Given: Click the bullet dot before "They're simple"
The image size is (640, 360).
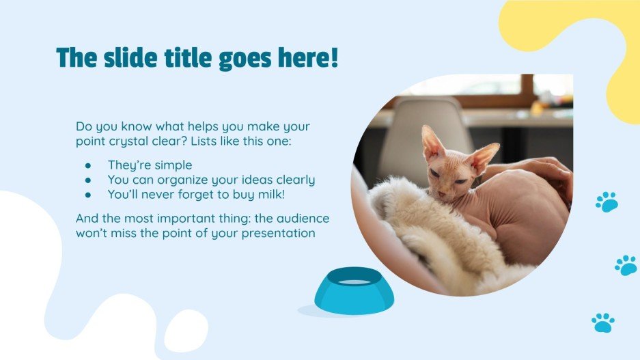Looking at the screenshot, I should tap(88, 166).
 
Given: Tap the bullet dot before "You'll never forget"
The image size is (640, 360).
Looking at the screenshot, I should tap(88, 195).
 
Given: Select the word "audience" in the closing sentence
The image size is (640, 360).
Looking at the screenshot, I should tap(307, 219).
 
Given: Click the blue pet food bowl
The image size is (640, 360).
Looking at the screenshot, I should tap(354, 291).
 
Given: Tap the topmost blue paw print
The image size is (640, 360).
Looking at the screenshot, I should tap(606, 202).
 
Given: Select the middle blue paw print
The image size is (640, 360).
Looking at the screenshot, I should tap(625, 265).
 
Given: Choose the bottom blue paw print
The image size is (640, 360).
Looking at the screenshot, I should tap(602, 322).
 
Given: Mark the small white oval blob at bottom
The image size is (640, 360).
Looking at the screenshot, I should tap(185, 331).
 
